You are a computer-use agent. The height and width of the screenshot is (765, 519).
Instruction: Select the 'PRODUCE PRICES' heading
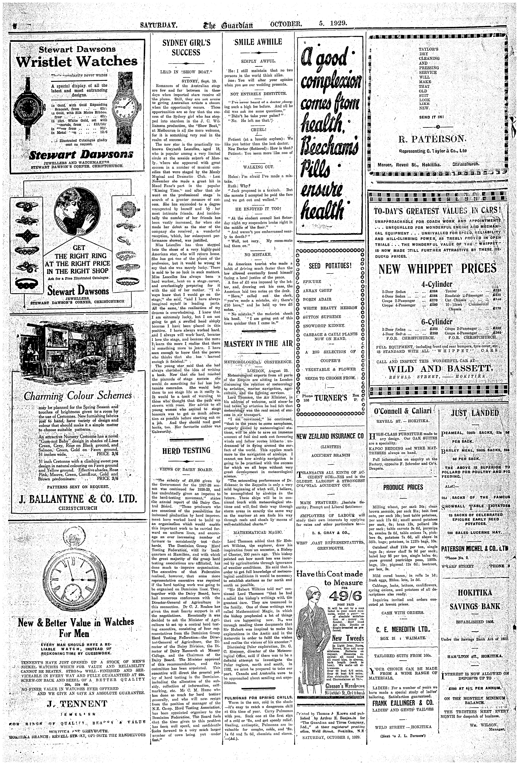tap(403, 487)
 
